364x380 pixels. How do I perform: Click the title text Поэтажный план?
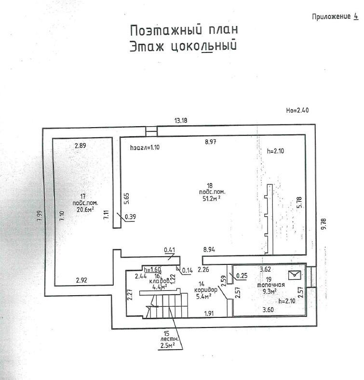point(184,30)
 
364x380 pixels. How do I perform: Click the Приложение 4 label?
point(335,16)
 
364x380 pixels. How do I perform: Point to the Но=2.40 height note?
point(297,110)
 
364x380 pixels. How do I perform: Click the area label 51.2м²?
point(212,197)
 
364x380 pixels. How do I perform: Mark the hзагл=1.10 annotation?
point(145,147)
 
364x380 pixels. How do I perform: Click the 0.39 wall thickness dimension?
point(130,217)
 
